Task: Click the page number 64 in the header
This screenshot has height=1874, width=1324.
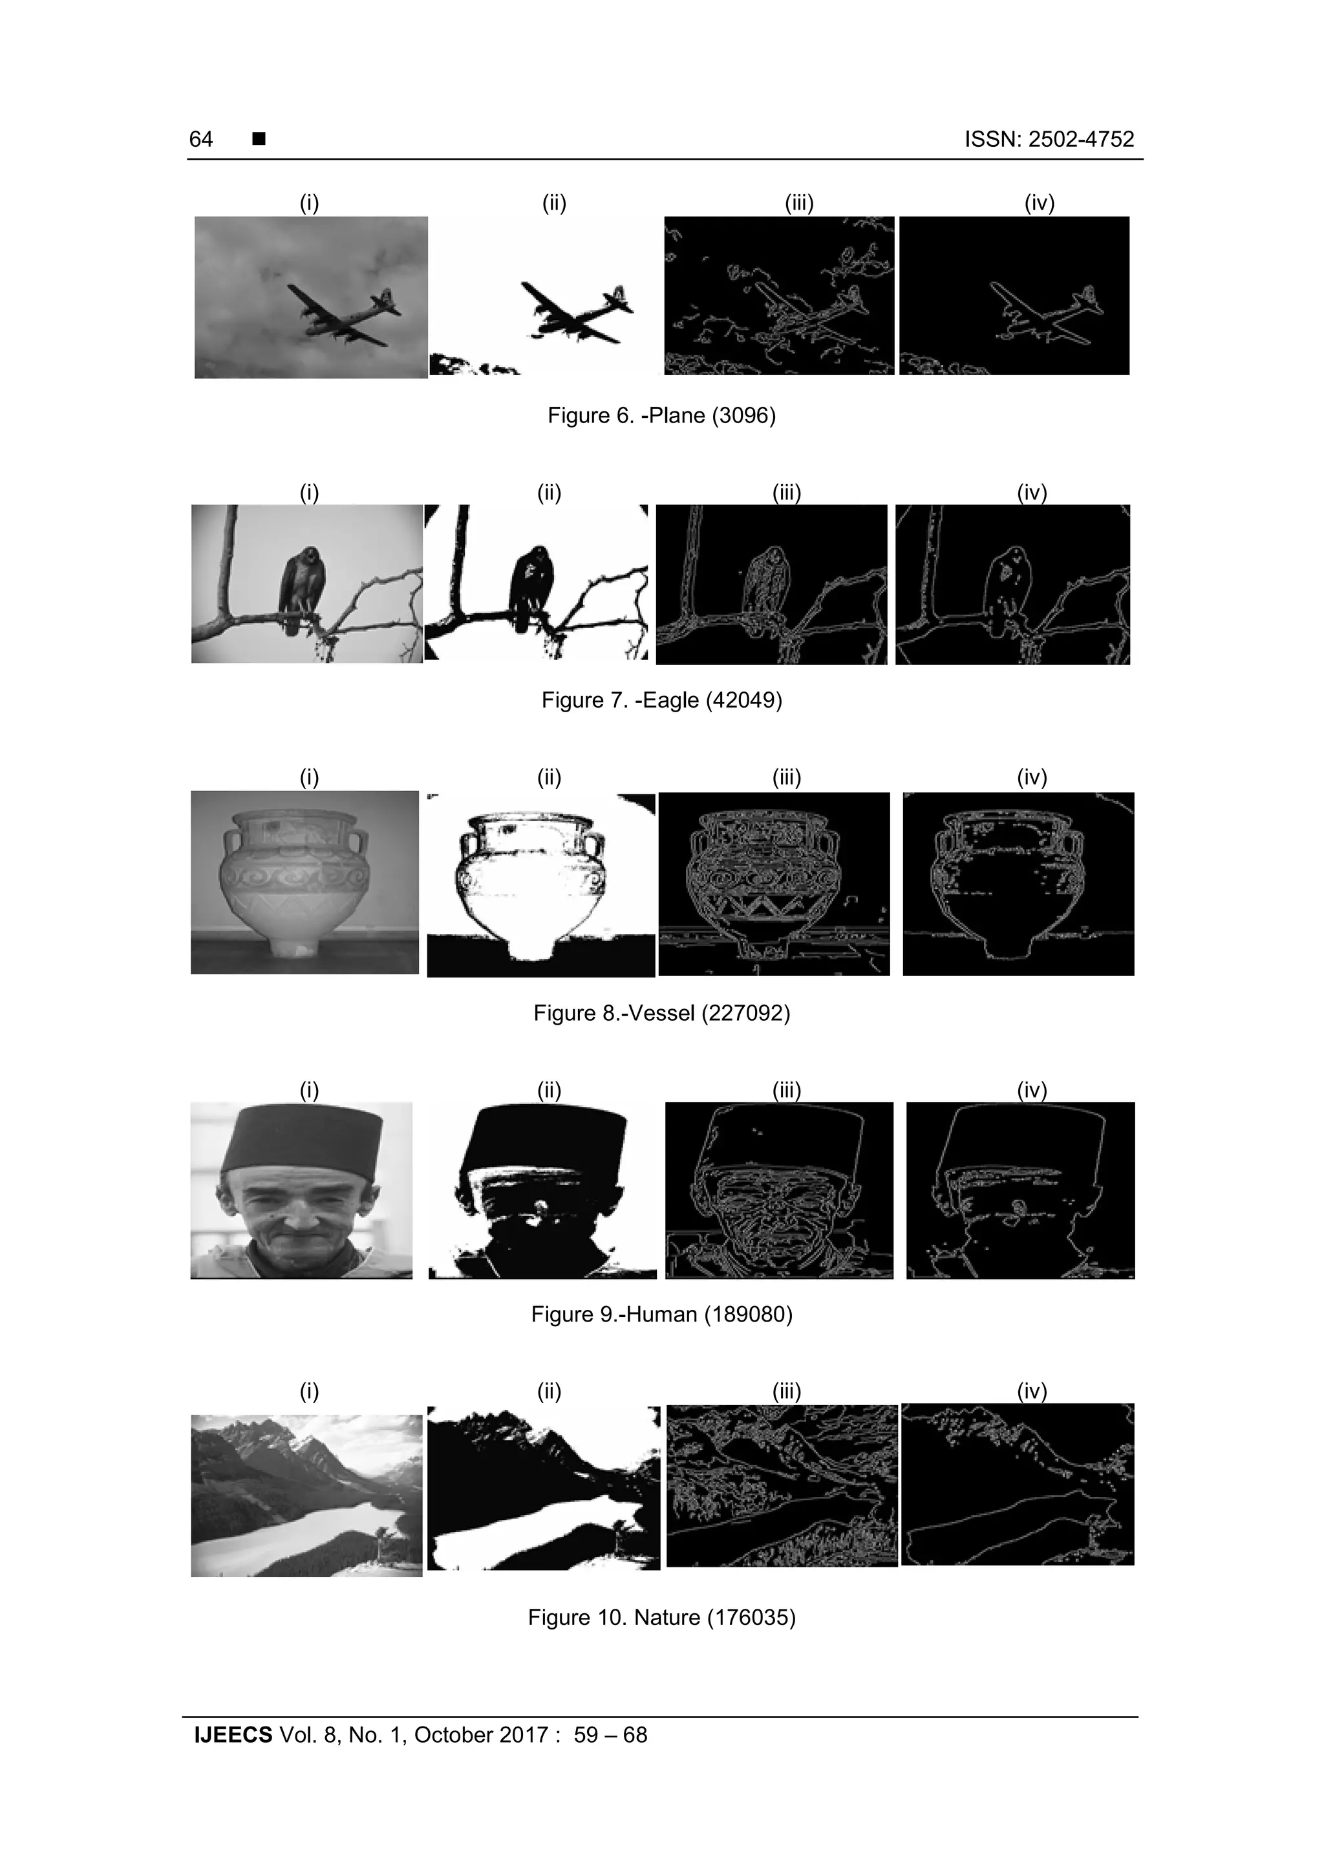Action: click(200, 140)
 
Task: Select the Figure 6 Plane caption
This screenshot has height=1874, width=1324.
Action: click(661, 415)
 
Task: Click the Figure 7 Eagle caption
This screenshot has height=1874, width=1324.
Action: click(661, 701)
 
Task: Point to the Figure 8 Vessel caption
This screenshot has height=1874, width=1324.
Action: click(661, 1013)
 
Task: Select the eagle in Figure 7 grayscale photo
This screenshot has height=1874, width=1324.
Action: click(299, 587)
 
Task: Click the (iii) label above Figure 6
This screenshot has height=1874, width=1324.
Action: click(798, 202)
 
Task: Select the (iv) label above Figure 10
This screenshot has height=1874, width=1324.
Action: click(1031, 1390)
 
